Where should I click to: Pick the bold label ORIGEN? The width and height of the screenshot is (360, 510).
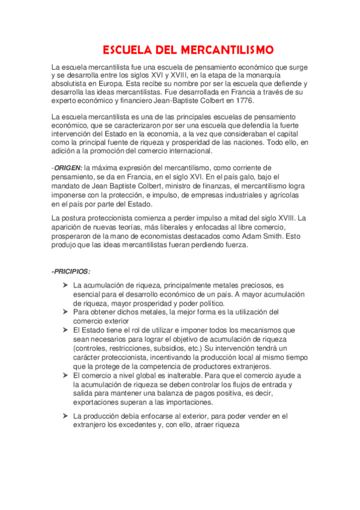click(69, 167)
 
